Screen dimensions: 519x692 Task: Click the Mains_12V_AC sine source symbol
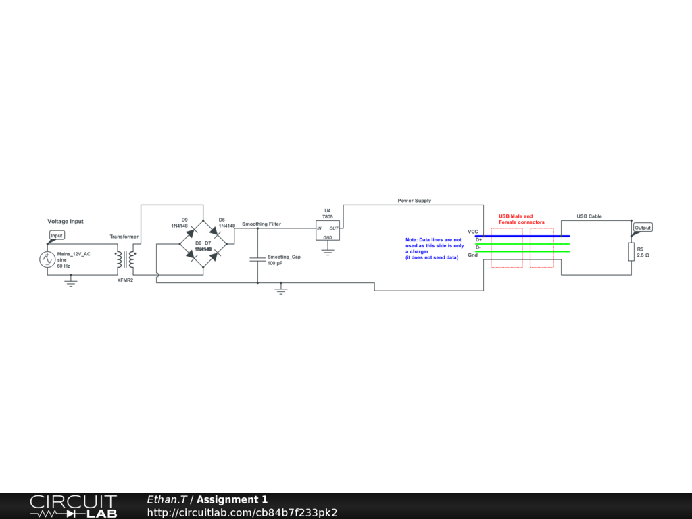47,259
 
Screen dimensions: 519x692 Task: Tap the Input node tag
57,235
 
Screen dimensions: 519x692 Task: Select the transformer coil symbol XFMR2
125,259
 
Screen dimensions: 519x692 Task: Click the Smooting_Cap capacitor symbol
257,258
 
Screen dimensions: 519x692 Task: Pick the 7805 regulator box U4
328,230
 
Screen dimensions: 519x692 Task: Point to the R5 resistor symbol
631,252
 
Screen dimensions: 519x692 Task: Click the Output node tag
643,228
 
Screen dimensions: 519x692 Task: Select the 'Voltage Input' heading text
66,221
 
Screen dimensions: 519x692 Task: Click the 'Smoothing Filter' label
262,224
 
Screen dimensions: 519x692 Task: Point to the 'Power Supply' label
414,201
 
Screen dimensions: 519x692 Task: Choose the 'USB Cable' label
589,216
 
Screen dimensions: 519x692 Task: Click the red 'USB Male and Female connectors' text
521,219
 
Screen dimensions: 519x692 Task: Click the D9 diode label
184,220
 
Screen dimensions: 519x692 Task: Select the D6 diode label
222,220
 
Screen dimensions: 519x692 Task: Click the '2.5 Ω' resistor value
643,255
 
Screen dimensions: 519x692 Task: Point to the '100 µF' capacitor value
275,263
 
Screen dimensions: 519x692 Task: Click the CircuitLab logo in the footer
73,505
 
